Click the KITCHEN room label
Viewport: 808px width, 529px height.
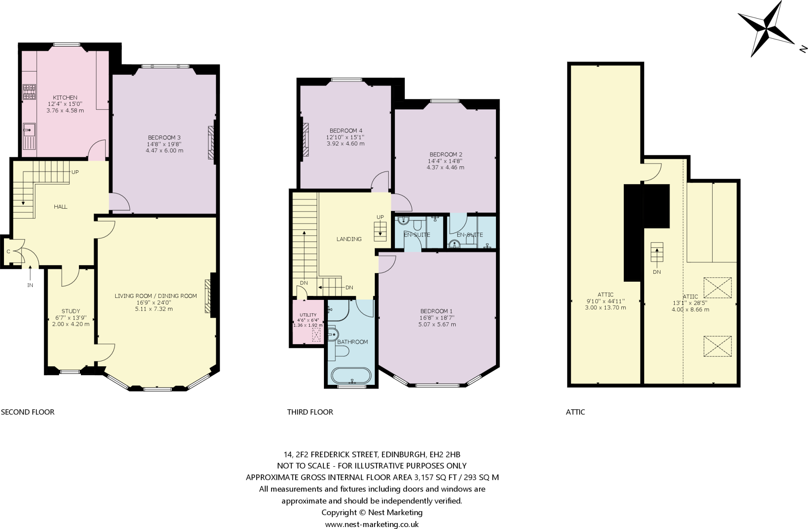[x=65, y=98]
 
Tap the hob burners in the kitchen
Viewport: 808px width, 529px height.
[x=29, y=92]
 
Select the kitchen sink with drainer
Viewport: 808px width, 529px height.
[x=29, y=136]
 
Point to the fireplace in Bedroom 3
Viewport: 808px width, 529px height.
[x=211, y=143]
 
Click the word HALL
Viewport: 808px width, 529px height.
[x=61, y=207]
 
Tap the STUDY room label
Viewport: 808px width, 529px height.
[x=71, y=311]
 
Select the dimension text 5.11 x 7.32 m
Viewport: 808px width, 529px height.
[x=153, y=309]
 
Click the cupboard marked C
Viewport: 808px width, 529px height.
[x=8, y=251]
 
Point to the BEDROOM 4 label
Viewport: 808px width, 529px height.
[x=346, y=131]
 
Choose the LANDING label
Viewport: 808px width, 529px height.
[x=349, y=239]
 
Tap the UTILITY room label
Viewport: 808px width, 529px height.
[x=308, y=315]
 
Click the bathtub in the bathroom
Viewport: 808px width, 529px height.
[x=351, y=376]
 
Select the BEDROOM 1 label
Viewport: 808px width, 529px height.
[x=436, y=311]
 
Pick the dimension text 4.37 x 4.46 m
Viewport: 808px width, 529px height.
[x=445, y=168]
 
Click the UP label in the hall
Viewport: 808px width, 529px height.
[x=75, y=172]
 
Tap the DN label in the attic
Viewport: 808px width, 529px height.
[x=656, y=272]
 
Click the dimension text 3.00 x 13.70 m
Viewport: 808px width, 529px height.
[x=605, y=308]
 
